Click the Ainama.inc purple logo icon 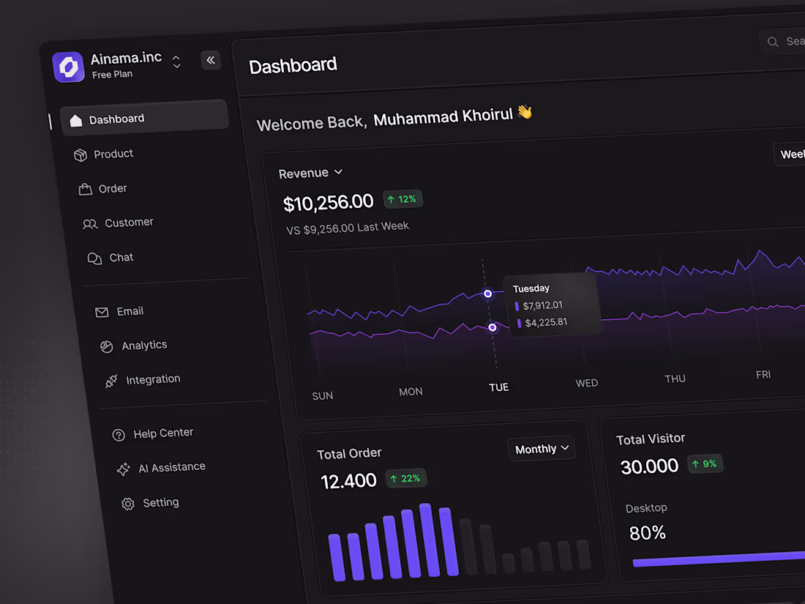click(69, 67)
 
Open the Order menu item click(112, 189)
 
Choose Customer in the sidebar click(128, 223)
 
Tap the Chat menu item click(121, 258)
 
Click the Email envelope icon click(102, 313)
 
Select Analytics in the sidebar click(143, 346)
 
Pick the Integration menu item click(152, 380)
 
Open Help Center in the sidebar click(162, 433)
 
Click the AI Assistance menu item click(171, 467)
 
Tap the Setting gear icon click(128, 504)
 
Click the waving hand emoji click(525, 112)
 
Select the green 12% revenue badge click(402, 199)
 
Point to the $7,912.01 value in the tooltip click(542, 305)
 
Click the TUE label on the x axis click(498, 387)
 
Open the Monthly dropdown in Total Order click(542, 449)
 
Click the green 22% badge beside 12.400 click(405, 479)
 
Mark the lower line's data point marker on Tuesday click(493, 327)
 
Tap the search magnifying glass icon click(773, 42)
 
